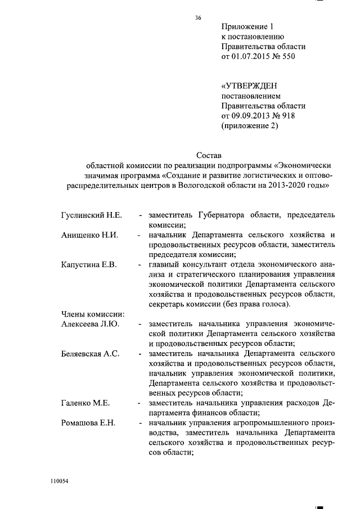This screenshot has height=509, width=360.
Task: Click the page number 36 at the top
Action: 198,18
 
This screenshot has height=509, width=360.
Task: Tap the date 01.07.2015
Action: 251,57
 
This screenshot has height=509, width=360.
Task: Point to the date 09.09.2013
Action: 251,116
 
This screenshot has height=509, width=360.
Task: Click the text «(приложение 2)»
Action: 250,126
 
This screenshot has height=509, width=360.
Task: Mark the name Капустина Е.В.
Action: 88,265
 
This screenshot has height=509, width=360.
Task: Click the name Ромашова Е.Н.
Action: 88,423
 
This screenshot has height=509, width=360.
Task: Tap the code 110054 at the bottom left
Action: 58,482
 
